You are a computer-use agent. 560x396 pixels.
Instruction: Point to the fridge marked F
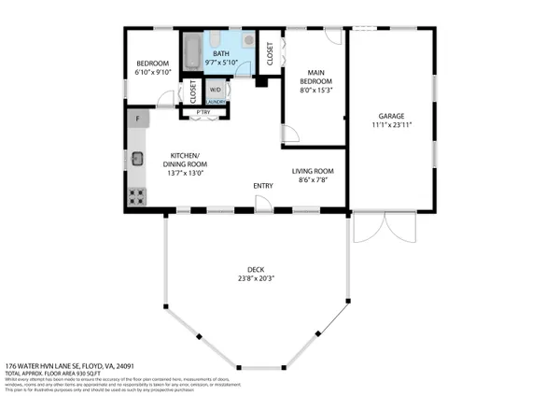[138, 119]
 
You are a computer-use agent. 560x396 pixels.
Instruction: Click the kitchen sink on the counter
[136, 159]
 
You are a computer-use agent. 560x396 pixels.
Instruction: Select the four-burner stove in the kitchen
[136, 196]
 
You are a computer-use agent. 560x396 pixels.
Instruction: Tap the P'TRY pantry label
[203, 113]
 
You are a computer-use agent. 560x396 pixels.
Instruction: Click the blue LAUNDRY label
[216, 102]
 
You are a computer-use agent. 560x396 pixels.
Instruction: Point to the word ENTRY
[263, 186]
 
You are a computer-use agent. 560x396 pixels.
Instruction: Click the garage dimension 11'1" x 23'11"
[393, 123]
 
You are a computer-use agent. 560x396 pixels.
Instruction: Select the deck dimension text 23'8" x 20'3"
[255, 276]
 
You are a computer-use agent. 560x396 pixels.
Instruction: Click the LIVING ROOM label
[314, 171]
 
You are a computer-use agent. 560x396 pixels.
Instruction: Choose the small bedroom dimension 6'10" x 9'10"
[150, 72]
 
